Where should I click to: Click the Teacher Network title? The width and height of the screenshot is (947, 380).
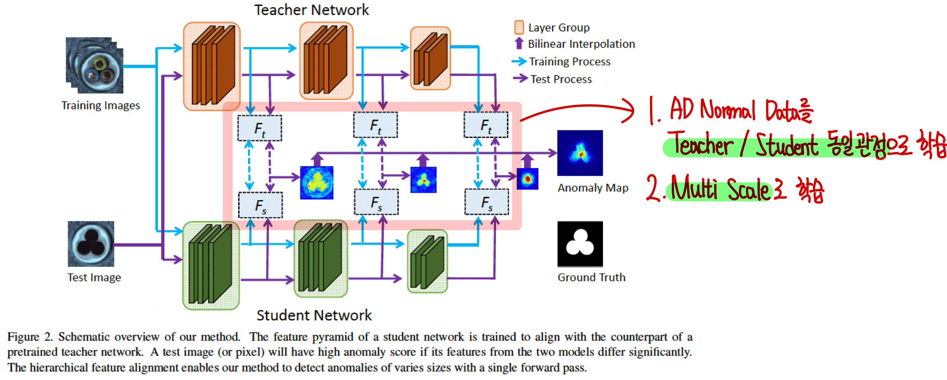click(311, 10)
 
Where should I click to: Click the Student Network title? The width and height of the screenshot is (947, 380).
click(314, 315)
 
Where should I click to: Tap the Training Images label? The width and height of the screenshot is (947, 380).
click(101, 105)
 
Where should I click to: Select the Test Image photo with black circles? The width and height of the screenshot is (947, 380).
click(91, 244)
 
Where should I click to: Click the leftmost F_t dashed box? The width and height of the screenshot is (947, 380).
click(260, 128)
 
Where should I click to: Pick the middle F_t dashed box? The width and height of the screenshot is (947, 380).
click(375, 125)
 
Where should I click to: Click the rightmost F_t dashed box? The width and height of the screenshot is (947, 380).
click(486, 125)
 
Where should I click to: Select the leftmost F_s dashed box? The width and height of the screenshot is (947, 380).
click(260, 205)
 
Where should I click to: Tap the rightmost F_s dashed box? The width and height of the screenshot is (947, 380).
click(486, 202)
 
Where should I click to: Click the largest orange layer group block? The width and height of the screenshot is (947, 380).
click(212, 66)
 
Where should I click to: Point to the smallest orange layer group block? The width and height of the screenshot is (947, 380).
click(430, 58)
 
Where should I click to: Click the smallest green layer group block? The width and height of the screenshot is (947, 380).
click(427, 261)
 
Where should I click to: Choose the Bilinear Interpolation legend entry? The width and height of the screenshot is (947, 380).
click(581, 44)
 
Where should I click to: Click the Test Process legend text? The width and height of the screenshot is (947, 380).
click(561, 79)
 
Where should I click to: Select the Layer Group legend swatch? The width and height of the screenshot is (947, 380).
click(519, 27)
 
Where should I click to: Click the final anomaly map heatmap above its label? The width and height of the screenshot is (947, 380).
click(580, 153)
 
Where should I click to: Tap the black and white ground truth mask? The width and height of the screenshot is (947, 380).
click(580, 244)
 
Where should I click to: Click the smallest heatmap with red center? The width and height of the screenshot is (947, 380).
click(527, 179)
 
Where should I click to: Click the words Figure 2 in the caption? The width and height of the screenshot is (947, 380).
click(30, 337)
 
